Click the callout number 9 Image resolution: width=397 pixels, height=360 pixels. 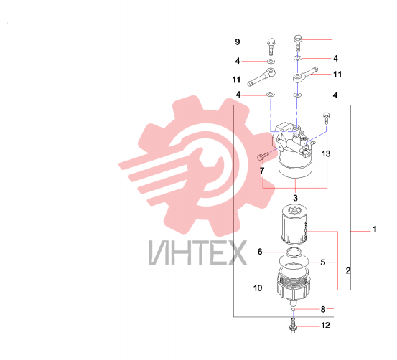point(237,42)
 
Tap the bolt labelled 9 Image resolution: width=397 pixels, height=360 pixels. point(271,47)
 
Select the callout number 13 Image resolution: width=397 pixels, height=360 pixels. point(326,153)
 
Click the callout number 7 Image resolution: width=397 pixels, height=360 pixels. point(262,171)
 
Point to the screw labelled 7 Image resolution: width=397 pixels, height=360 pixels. point(262,156)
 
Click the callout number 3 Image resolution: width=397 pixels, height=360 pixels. point(295,198)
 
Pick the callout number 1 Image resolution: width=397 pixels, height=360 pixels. point(375,229)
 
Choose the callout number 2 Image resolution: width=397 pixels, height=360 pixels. point(348,270)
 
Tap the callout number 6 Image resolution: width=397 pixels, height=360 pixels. point(260,252)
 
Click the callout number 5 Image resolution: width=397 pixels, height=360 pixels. point(323,262)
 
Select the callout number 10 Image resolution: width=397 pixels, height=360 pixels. point(258,288)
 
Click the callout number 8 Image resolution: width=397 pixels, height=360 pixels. point(323,309)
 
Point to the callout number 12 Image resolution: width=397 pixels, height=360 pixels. point(326,326)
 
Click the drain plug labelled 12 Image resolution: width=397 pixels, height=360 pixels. point(293,326)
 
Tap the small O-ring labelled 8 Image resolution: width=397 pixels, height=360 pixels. point(293,309)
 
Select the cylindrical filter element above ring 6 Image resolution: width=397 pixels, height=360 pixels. point(294,224)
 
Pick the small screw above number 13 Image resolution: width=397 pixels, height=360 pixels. point(327,119)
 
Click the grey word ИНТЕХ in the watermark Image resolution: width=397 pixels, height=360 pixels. point(197,252)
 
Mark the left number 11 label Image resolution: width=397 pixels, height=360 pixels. point(236,80)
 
